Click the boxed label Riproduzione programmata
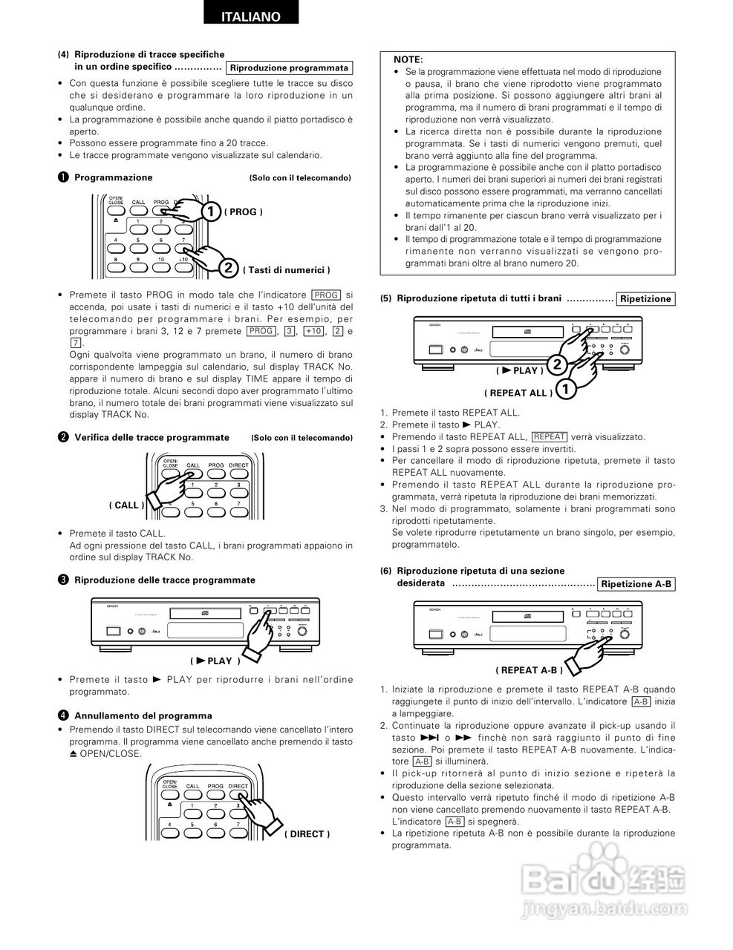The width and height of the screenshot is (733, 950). point(289,68)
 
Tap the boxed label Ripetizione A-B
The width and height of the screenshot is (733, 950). point(636,584)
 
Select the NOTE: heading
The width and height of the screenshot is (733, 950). point(408,59)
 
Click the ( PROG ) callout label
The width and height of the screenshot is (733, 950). point(243,212)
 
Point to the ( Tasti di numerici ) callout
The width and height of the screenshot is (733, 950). point(285,269)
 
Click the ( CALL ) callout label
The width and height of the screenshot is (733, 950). point(126,505)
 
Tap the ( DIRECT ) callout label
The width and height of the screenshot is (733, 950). point(307,833)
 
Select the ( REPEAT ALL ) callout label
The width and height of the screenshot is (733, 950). point(518,393)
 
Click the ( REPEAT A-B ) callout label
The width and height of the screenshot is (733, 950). point(529,669)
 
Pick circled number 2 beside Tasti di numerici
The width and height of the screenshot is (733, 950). point(228,269)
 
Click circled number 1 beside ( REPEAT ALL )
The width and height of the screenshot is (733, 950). point(566,388)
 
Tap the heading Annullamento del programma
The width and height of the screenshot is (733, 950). point(143,715)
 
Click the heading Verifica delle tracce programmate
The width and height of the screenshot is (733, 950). point(152,437)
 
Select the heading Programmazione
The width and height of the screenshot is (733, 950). point(113,177)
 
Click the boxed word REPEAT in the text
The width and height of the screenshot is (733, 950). point(549,436)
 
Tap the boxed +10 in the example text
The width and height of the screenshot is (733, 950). point(313,331)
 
